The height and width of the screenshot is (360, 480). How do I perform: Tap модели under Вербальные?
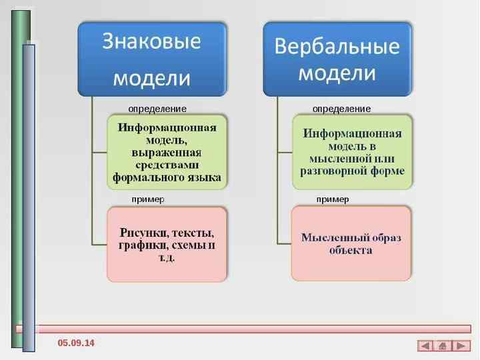(x=337, y=73)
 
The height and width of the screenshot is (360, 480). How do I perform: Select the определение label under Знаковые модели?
(x=157, y=108)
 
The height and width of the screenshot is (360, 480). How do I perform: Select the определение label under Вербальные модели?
(x=341, y=108)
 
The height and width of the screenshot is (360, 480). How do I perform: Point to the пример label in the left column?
(x=148, y=199)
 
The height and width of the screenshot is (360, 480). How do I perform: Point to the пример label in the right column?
(x=333, y=199)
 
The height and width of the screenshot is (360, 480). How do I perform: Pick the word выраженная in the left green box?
(x=167, y=153)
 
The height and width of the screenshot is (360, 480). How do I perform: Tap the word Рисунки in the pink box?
(x=143, y=233)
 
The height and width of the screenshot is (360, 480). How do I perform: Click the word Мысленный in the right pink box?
(x=329, y=237)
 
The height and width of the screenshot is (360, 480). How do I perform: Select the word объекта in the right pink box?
(x=351, y=251)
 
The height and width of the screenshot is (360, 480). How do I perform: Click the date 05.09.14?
(x=76, y=343)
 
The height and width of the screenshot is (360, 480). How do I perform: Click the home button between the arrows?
(x=443, y=345)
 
